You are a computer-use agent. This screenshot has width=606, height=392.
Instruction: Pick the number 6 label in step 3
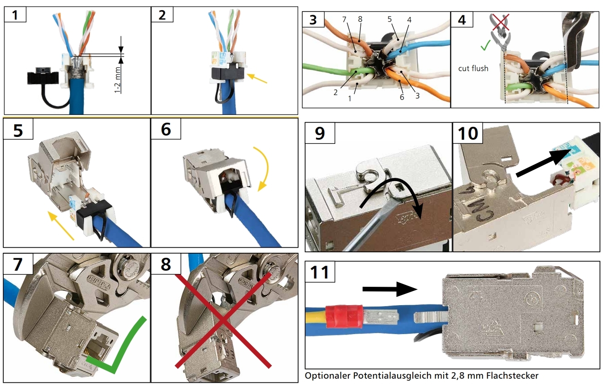[x=401, y=97]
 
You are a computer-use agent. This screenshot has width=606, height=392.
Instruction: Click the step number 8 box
[x=166, y=264]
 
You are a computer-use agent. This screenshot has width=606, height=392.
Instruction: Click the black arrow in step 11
[x=389, y=289]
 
